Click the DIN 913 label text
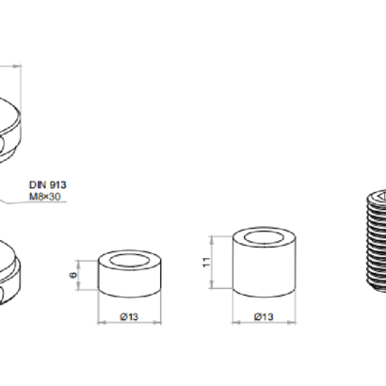coord(48,185)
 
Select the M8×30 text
coord(45,197)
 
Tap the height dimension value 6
coord(73,275)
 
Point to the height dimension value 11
coord(206,262)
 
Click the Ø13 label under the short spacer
coord(129,317)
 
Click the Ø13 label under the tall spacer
coord(264,317)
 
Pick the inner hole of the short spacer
coord(130,261)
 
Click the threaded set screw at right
coord(377,242)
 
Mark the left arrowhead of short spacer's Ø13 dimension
coord(102,322)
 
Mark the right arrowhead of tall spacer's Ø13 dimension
coord(292,322)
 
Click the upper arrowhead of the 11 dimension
coord(212,240)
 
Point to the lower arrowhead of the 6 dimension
coord(78,286)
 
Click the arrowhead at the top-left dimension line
coord(17,66)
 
